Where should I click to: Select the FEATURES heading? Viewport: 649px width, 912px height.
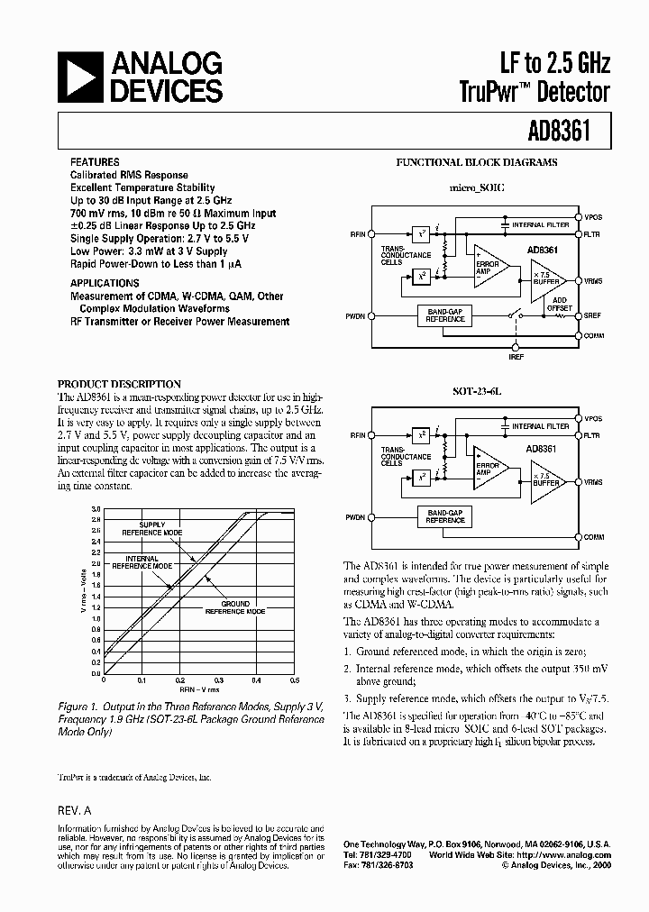94,163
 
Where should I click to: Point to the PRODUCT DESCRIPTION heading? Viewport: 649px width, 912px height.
120,384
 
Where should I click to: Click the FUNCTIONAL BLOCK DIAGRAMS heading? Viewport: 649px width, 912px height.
477,163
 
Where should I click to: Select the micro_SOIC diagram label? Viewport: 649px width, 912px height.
476,187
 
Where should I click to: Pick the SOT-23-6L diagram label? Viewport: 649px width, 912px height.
476,392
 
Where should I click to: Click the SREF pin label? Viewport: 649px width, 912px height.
593,316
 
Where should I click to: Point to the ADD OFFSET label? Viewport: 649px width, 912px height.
560,304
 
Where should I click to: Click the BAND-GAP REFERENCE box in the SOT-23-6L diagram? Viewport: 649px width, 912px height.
444,515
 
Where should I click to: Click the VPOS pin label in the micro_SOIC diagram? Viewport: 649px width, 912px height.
593,216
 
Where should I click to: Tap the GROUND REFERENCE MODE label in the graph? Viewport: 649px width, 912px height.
234,607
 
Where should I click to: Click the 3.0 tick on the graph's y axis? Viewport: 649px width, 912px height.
96,510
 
